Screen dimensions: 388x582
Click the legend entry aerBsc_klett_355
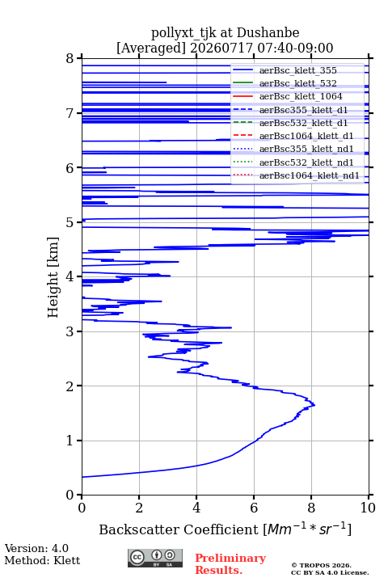pos(297,70)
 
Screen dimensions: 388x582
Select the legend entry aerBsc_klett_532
pos(297,83)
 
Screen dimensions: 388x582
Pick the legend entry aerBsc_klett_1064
pos(301,96)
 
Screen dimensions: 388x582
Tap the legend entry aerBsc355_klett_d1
pos(303,110)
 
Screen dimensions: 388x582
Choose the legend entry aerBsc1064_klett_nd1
pos(310,175)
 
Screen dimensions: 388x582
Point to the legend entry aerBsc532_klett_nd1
pos(306,162)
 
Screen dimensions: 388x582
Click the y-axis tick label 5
pos(70,223)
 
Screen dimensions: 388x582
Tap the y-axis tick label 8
pos(70,59)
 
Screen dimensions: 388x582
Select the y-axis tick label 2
pos(70,386)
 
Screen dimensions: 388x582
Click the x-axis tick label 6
pos(254,508)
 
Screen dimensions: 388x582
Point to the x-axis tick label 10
pos(369,508)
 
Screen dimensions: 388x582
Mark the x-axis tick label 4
pos(196,508)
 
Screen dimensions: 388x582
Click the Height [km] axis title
pos(53,277)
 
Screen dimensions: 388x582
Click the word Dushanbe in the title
pos(268,32)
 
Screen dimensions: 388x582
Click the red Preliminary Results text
pos(230,564)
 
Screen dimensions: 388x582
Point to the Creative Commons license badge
pos(155,559)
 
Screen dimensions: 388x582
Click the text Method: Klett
pos(42,560)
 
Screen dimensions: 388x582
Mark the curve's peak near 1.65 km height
pos(314,405)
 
